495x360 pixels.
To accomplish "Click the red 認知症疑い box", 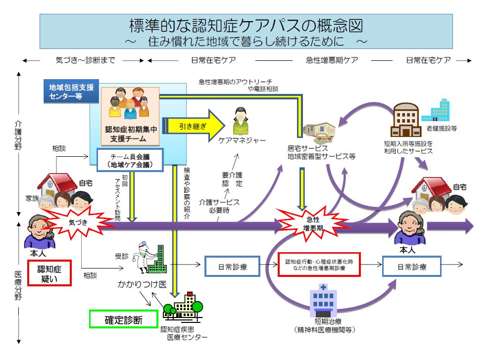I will click(x=49, y=274).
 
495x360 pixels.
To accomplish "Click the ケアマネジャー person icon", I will click(x=242, y=121).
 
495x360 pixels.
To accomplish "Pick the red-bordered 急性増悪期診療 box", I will click(x=319, y=265).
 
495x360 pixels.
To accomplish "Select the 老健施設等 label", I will click(x=441, y=128).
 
